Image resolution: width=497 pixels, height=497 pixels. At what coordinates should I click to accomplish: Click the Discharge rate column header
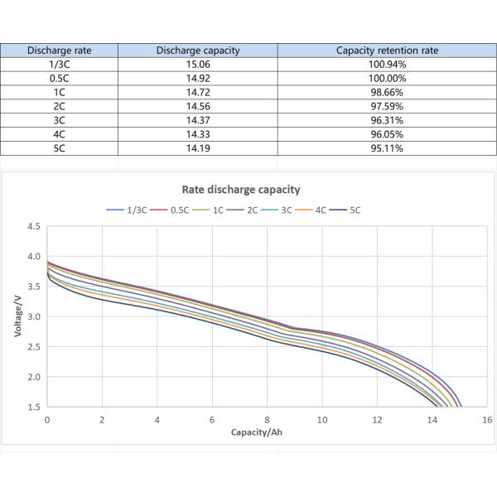[60, 50]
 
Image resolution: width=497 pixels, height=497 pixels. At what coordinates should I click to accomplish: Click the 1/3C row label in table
[60, 64]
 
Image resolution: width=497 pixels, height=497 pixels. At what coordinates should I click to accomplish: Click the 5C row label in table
[60, 148]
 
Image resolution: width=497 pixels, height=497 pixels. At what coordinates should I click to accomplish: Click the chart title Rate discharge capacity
[241, 190]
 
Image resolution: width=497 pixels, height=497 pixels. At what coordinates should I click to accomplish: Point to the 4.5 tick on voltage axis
[33, 226]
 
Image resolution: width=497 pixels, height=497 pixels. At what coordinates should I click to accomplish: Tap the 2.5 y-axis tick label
[33, 347]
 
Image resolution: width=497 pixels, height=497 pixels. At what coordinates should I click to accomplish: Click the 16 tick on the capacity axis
[486, 419]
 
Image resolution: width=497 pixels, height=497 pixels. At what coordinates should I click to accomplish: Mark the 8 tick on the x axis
[267, 419]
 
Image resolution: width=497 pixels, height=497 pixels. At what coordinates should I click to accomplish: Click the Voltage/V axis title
[17, 316]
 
